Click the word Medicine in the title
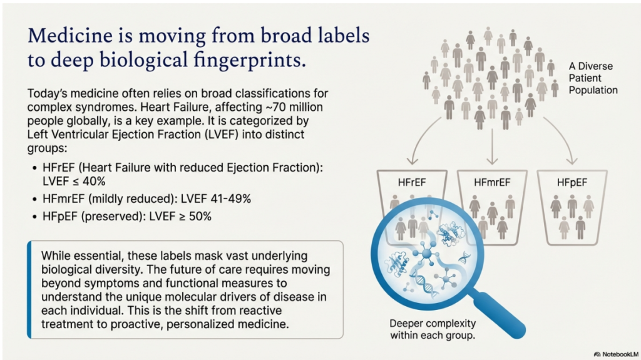click(x=70, y=36)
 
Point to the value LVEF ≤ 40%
click(x=74, y=181)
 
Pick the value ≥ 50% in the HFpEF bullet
click(x=195, y=217)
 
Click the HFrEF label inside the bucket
click(x=412, y=182)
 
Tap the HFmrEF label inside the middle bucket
click(x=492, y=182)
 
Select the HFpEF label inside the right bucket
click(x=572, y=182)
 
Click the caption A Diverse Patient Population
click(x=593, y=78)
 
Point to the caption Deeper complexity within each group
click(x=433, y=329)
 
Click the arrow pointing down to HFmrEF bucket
click(x=492, y=147)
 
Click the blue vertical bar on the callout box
click(x=29, y=290)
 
